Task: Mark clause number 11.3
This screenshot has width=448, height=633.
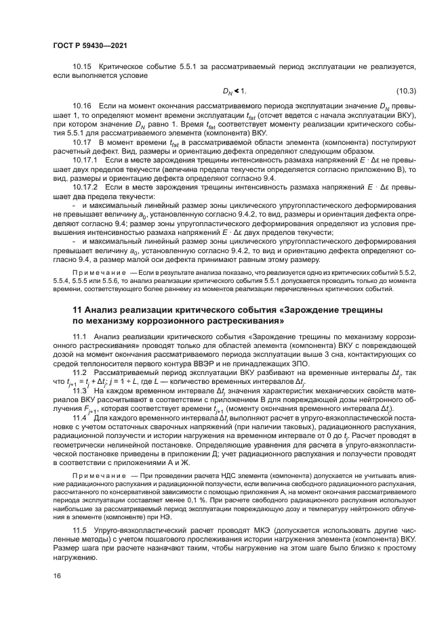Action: tap(80, 391)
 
